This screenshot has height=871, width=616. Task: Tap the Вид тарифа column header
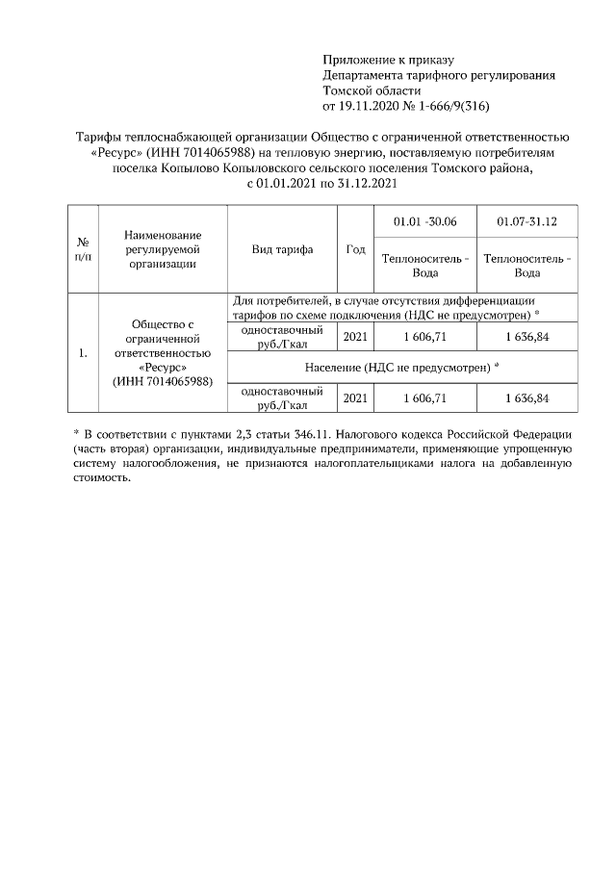click(282, 249)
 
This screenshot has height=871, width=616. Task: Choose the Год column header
click(355, 249)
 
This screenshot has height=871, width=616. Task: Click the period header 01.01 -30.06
click(424, 222)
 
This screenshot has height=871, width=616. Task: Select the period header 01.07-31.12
click(526, 222)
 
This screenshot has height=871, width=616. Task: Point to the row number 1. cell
click(85, 353)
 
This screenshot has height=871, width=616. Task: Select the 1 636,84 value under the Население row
click(526, 398)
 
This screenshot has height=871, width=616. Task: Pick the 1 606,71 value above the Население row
click(424, 337)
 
